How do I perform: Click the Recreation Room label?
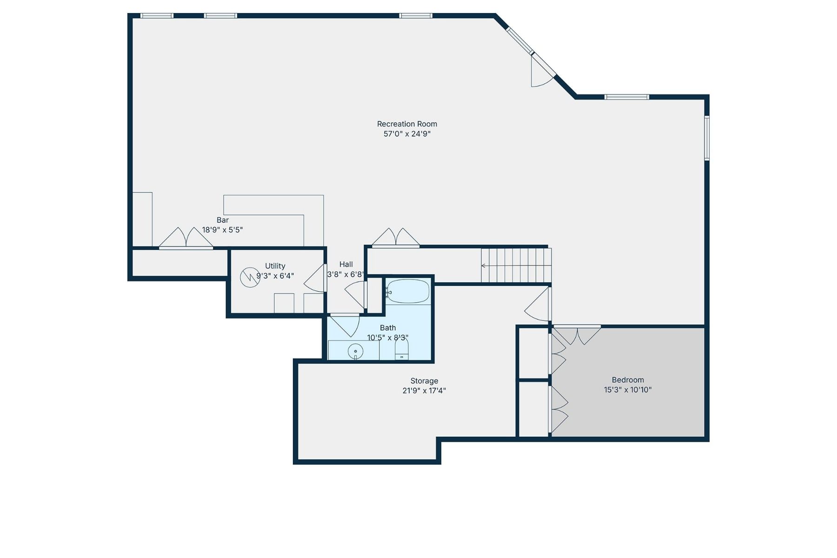407,124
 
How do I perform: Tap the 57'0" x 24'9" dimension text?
407,134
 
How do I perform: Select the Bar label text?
223,220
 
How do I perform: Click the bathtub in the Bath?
408,292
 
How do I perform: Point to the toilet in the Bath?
402,350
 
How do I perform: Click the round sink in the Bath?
355,352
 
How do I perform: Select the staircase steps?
516,266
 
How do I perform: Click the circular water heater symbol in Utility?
250,278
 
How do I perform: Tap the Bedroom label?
628,380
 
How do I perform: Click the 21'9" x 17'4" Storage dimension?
424,391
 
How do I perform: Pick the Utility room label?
275,266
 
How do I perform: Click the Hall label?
346,264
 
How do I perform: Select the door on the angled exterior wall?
542,72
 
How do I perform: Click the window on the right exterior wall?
706,138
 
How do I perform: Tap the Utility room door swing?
315,279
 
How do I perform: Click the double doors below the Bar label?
186,238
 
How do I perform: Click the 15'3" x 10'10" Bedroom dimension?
628,390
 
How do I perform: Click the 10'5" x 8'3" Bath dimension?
388,338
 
